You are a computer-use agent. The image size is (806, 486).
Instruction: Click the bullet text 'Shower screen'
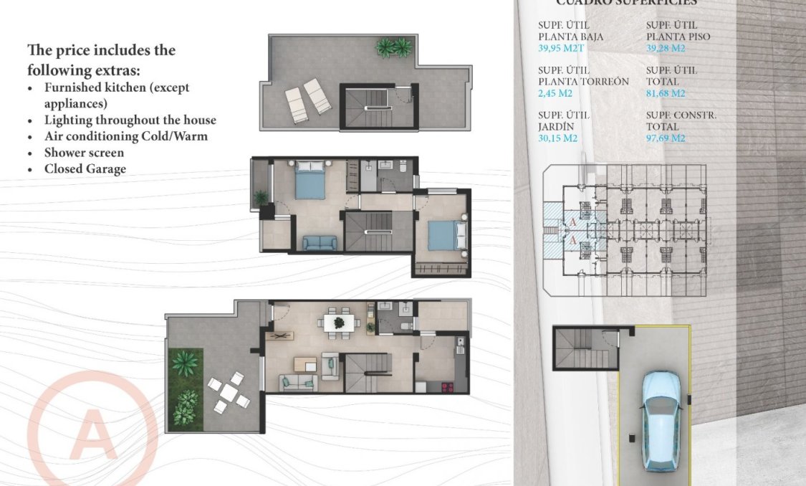coord(84,153)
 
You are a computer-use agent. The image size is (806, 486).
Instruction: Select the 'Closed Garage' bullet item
coord(85,169)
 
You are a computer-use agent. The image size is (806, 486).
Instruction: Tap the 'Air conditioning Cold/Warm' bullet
coord(125,136)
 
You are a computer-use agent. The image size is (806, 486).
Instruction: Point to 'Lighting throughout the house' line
coord(130,120)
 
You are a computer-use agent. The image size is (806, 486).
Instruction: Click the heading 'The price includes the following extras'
coord(101,60)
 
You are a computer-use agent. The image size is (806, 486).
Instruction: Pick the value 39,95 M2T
coord(560,48)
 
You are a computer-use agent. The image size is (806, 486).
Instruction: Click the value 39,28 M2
coord(666,48)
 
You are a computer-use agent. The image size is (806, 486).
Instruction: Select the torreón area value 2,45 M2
coord(555,93)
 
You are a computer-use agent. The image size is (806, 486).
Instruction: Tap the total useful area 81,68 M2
coord(666,93)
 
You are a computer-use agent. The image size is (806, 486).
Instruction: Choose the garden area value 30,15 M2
coord(558,138)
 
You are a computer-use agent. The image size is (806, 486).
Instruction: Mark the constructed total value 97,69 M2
coord(666,138)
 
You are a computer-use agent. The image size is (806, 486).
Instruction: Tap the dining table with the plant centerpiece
coord(338,323)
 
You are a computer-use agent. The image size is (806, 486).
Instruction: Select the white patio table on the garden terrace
coord(228,392)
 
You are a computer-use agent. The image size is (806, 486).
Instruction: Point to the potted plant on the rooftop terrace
coord(394,47)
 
